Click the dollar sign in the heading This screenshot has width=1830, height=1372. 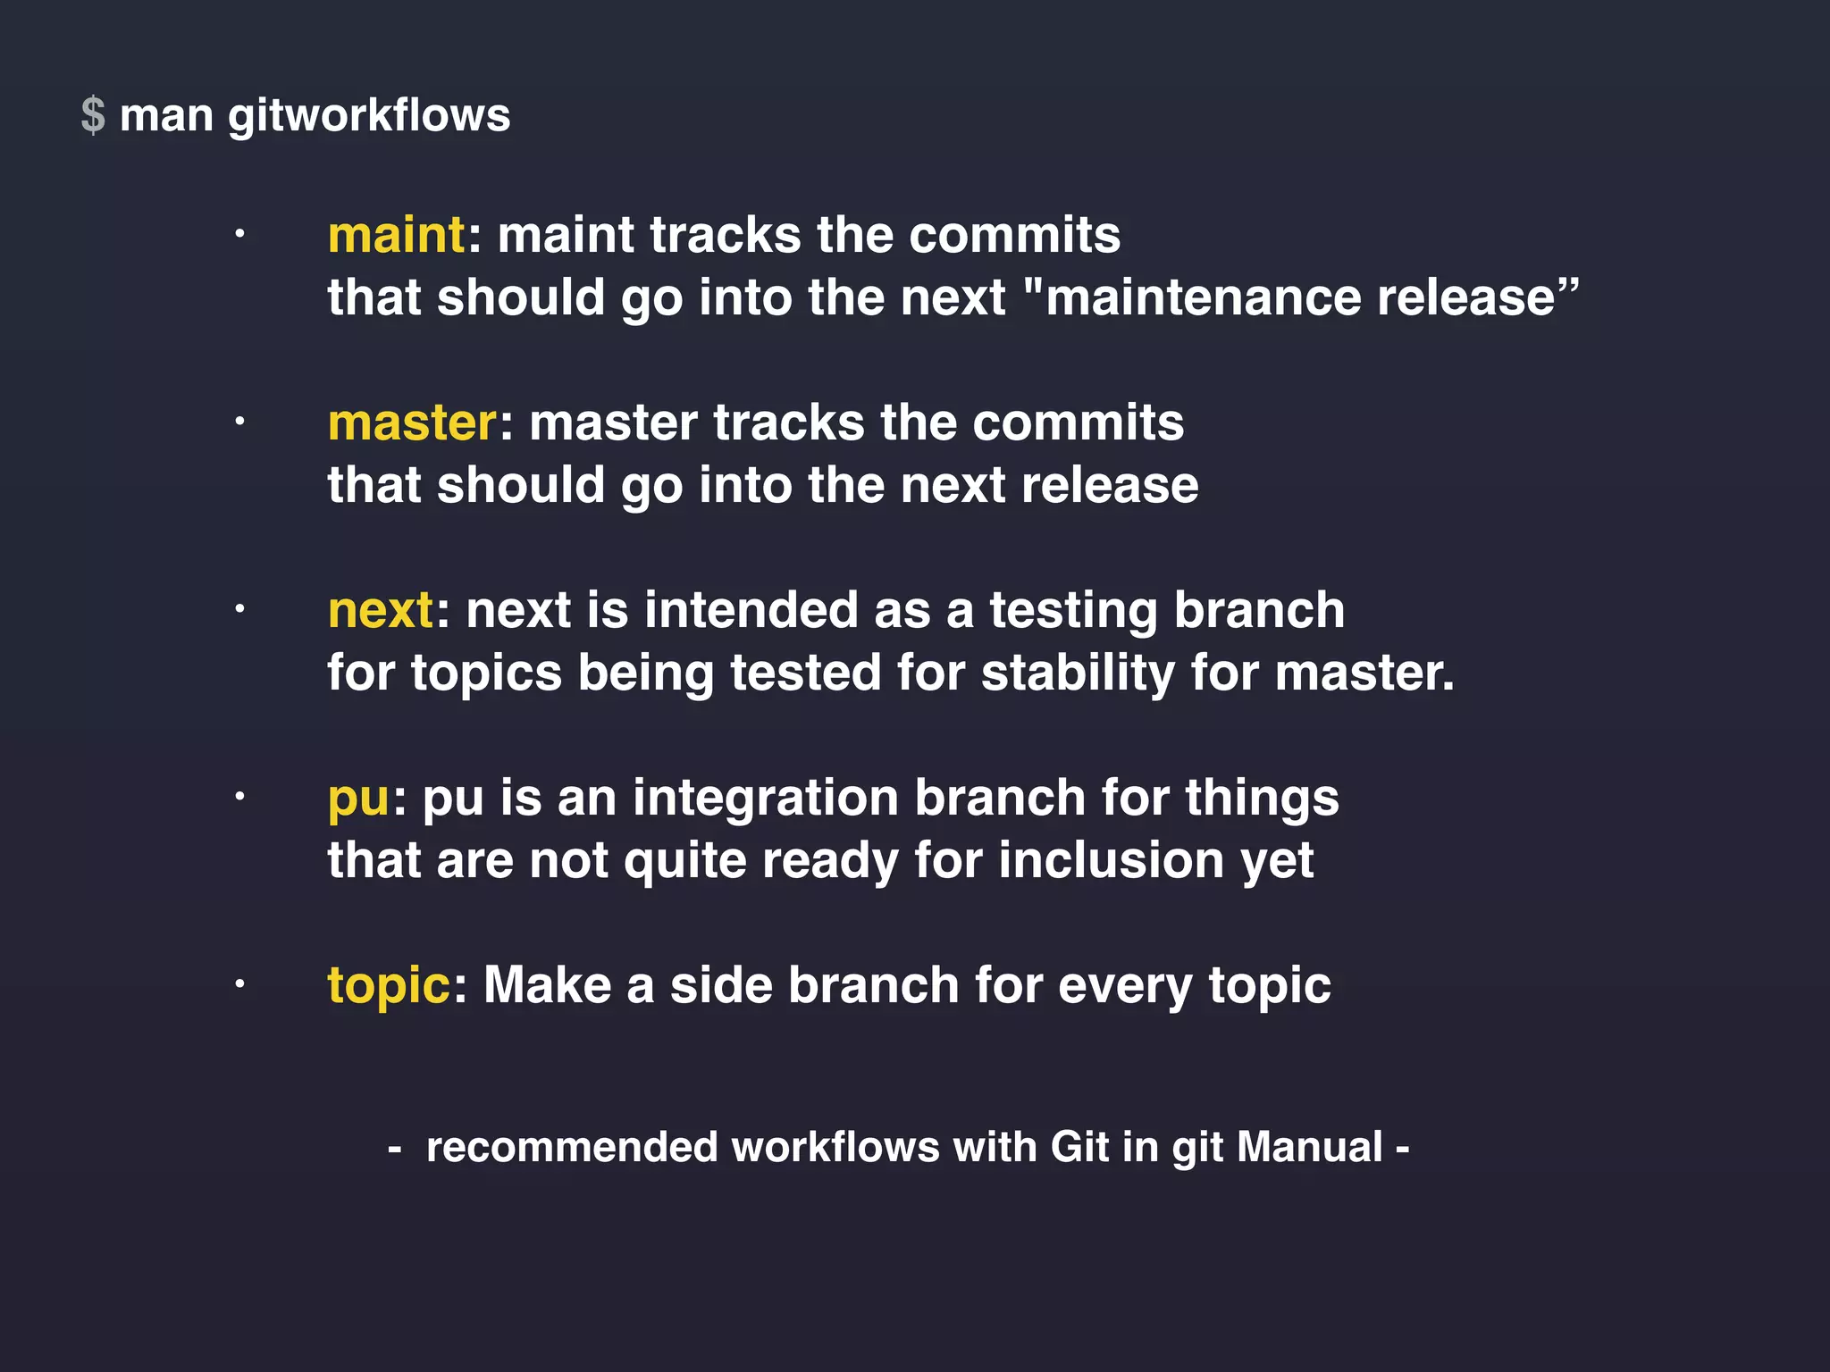93,116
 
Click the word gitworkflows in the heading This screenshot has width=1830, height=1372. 369,116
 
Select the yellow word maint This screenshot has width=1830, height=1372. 396,236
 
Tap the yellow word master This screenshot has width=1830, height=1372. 412,423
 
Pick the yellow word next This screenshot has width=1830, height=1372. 381,611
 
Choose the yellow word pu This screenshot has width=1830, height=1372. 358,799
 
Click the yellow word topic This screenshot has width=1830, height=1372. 389,986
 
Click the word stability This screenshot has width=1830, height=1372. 1078,673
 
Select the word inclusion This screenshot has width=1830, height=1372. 1112,860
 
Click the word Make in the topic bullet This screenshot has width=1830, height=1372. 547,985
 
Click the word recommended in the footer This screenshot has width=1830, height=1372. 572,1147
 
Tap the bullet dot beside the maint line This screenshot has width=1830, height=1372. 239,235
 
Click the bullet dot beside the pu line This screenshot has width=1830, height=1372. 239,797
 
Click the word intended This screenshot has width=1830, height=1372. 751,610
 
